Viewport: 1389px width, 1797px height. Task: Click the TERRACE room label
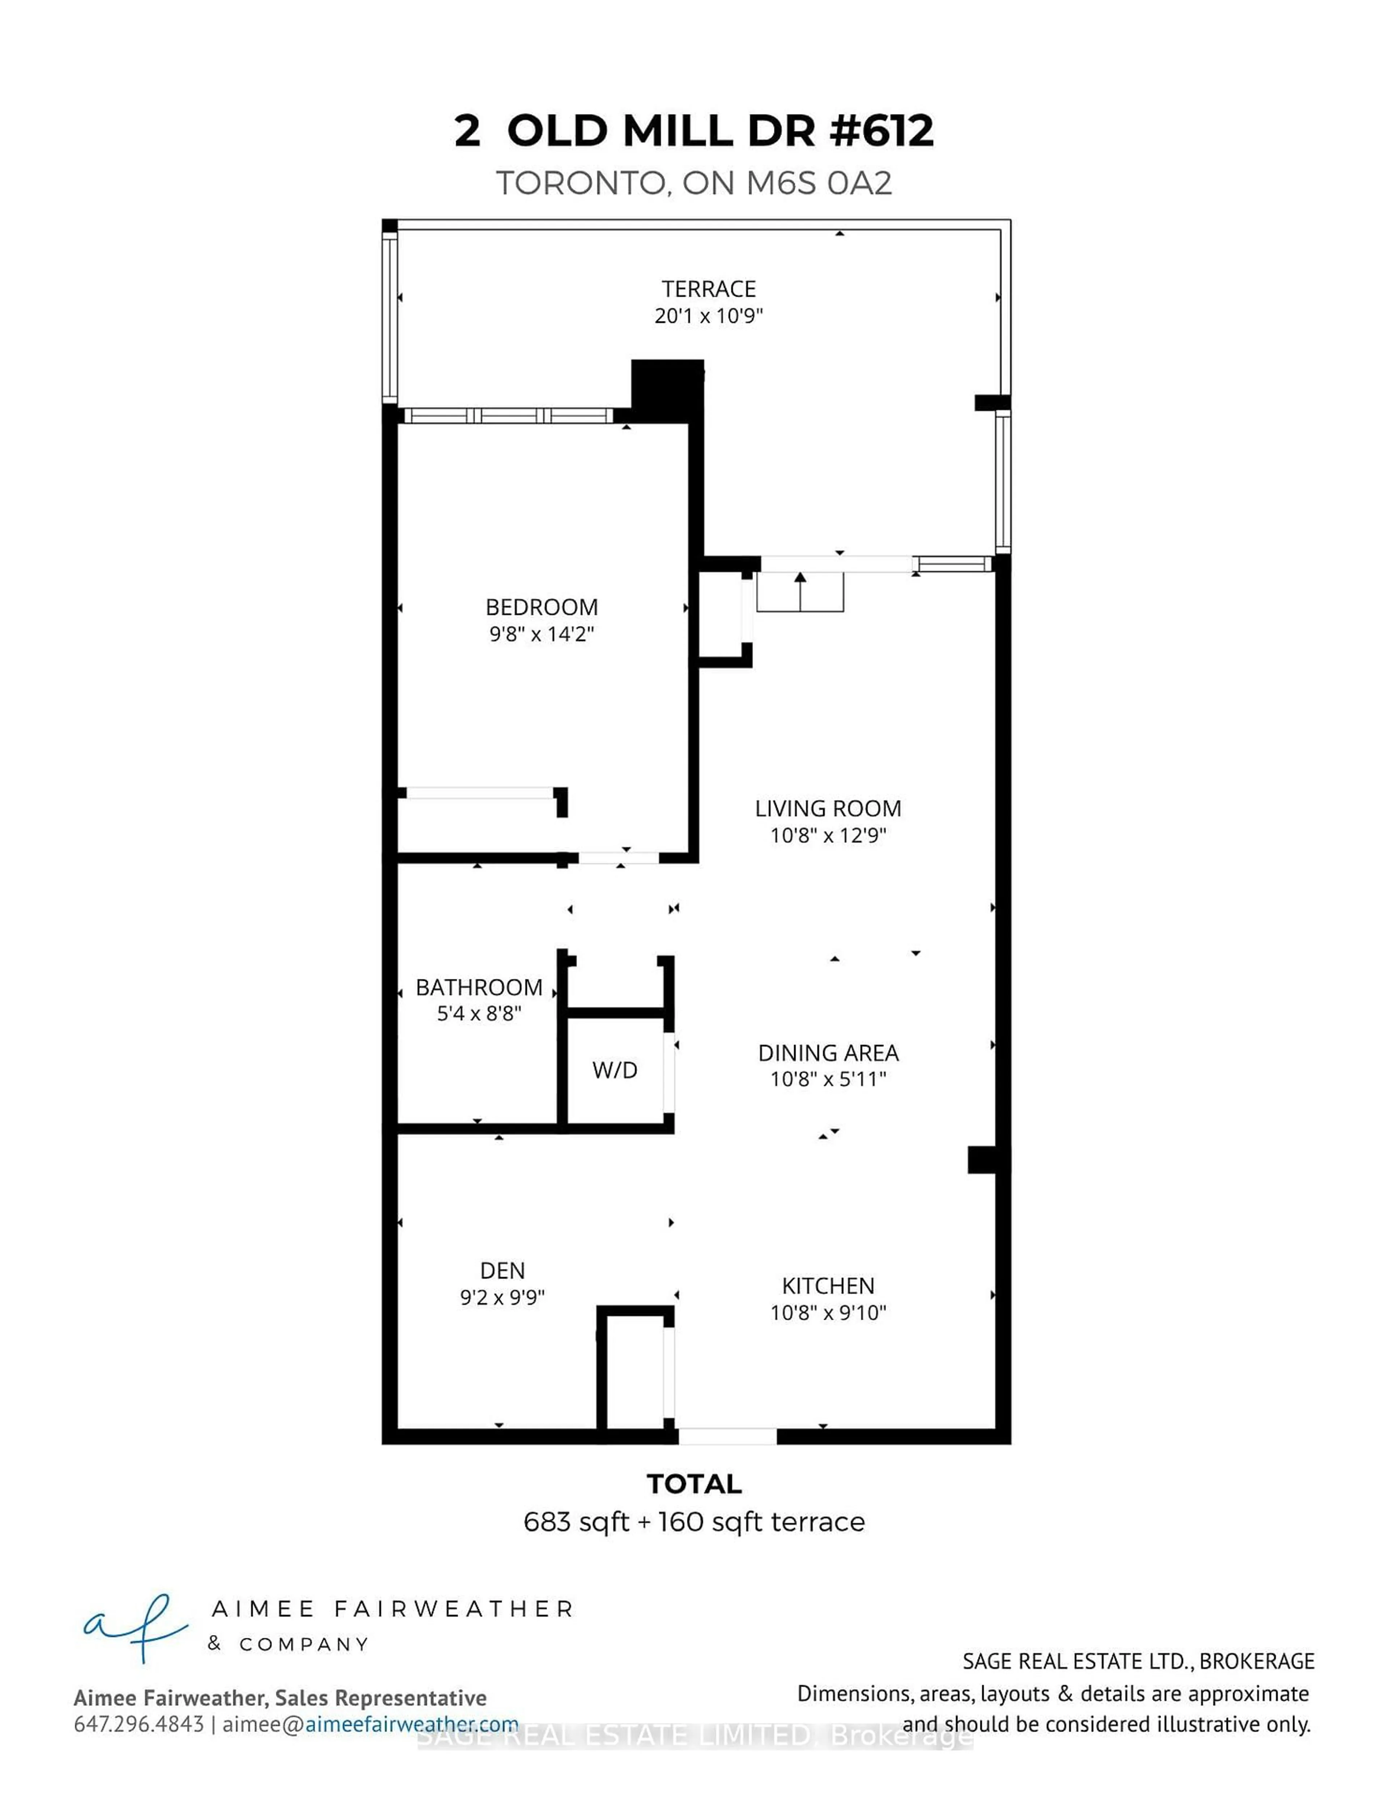click(x=709, y=289)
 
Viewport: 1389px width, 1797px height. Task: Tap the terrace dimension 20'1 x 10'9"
click(x=709, y=316)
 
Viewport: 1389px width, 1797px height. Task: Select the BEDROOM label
click(x=541, y=607)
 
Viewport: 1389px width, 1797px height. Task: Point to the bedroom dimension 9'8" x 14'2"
click(x=541, y=634)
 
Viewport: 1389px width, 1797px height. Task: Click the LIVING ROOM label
click(x=828, y=809)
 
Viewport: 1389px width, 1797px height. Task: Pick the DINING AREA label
click(x=828, y=1053)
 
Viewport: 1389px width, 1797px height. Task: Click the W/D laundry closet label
click(x=615, y=1070)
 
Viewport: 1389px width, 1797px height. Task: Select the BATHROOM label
click(x=479, y=987)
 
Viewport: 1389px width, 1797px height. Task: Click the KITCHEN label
click(x=828, y=1286)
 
